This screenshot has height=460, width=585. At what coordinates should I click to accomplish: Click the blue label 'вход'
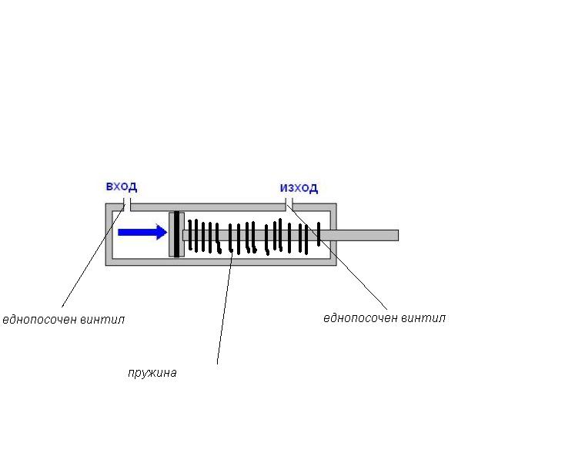coord(122,186)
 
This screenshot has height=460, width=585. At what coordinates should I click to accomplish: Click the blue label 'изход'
coord(299,188)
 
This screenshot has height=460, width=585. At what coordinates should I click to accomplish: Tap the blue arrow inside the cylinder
coord(142,232)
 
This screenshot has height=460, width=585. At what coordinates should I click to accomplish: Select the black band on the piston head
coord(176,234)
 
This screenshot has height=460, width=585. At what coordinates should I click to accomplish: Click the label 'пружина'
coord(152,373)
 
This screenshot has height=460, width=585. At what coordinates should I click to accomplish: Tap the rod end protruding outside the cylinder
coord(369,235)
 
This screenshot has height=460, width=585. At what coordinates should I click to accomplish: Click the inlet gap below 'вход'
coord(127,206)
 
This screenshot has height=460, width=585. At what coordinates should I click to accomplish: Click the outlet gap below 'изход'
coord(289,206)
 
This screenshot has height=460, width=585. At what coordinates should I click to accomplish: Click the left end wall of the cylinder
coord(109,235)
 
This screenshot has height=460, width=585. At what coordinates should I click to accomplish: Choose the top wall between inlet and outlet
coord(208,206)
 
